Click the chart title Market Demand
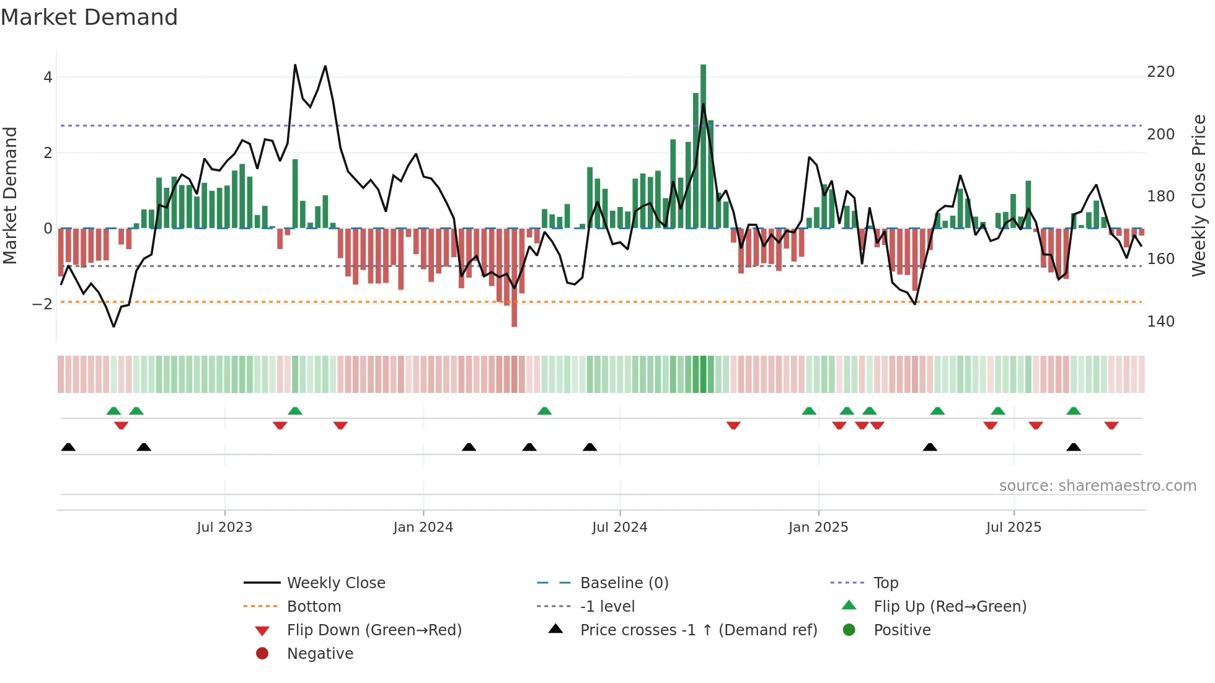(89, 17)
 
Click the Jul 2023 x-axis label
(224, 527)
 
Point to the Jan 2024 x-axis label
(423, 527)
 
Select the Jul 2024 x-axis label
(619, 527)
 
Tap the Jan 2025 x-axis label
(818, 527)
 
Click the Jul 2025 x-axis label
(1014, 527)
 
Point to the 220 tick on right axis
(1160, 72)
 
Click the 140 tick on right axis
(1160, 322)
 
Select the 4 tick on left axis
(48, 77)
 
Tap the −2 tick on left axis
(43, 304)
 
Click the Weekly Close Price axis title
(1199, 195)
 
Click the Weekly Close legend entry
(335, 583)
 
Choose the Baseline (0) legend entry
(624, 583)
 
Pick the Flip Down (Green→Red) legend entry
(374, 630)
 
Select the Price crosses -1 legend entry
(698, 630)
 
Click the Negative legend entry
(320, 654)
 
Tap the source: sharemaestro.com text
(1097, 486)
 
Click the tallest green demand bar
(703, 146)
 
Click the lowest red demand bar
(514, 277)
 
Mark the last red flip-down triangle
(1111, 425)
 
